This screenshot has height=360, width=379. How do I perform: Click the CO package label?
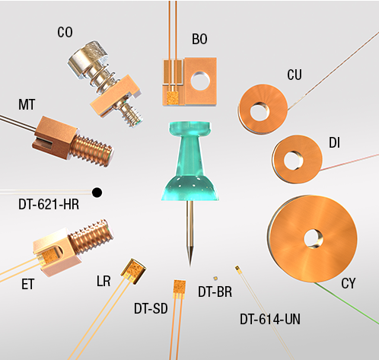click(x=65, y=32)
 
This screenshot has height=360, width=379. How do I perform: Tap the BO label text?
click(x=199, y=39)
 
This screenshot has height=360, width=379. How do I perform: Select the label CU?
click(x=295, y=75)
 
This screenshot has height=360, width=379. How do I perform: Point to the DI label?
click(x=334, y=143)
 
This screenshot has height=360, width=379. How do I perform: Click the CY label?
click(x=349, y=283)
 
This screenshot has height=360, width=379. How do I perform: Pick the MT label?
click(x=27, y=104)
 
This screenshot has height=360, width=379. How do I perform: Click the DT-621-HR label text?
click(x=49, y=204)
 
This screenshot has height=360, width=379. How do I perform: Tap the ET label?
click(x=27, y=284)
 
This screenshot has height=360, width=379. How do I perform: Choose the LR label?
click(x=104, y=281)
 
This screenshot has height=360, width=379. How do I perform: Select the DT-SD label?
click(x=151, y=309)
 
